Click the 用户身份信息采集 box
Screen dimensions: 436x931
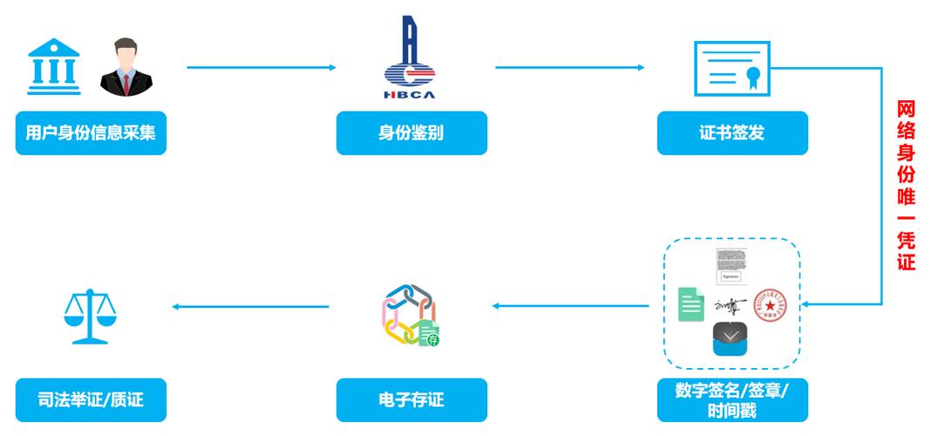point(91,133)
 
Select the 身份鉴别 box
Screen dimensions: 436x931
point(411,133)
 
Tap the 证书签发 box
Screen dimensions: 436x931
point(731,133)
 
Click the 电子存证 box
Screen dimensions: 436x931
point(411,400)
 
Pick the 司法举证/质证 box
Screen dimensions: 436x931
point(91,400)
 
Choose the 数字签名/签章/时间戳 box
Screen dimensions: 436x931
point(731,400)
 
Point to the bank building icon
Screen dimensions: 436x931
point(54,65)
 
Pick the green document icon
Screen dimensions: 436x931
point(691,304)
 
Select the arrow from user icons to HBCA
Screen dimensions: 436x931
point(261,67)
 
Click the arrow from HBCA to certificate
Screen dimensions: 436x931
point(569,67)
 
